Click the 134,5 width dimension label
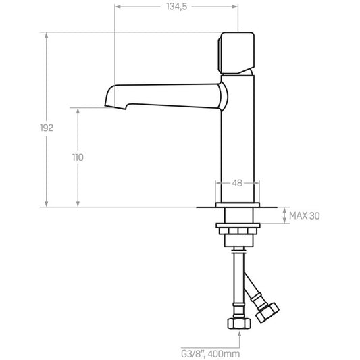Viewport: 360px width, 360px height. coord(176,7)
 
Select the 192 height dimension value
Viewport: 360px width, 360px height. coord(47,128)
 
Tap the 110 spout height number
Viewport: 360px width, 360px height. coord(78,157)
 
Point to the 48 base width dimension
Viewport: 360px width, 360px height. coord(237,183)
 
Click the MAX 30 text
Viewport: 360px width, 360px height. coord(304,216)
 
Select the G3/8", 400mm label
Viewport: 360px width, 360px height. coord(210,353)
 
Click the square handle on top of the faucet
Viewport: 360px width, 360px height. coord(236,53)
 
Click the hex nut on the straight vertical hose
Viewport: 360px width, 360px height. coord(239,324)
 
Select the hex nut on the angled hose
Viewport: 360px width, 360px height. coord(267,312)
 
